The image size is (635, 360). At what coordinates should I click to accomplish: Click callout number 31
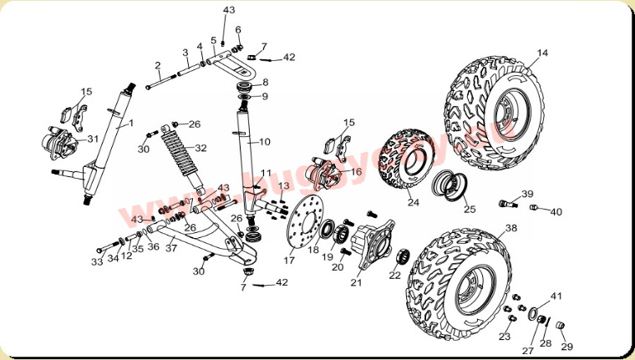click(93, 139)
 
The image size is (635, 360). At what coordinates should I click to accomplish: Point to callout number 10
click(264, 142)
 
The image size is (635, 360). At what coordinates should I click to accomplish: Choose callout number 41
click(556, 297)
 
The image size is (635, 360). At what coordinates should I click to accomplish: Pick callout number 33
click(97, 261)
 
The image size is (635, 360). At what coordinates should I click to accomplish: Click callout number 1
click(130, 124)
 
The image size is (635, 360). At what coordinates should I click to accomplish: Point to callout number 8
click(265, 82)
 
